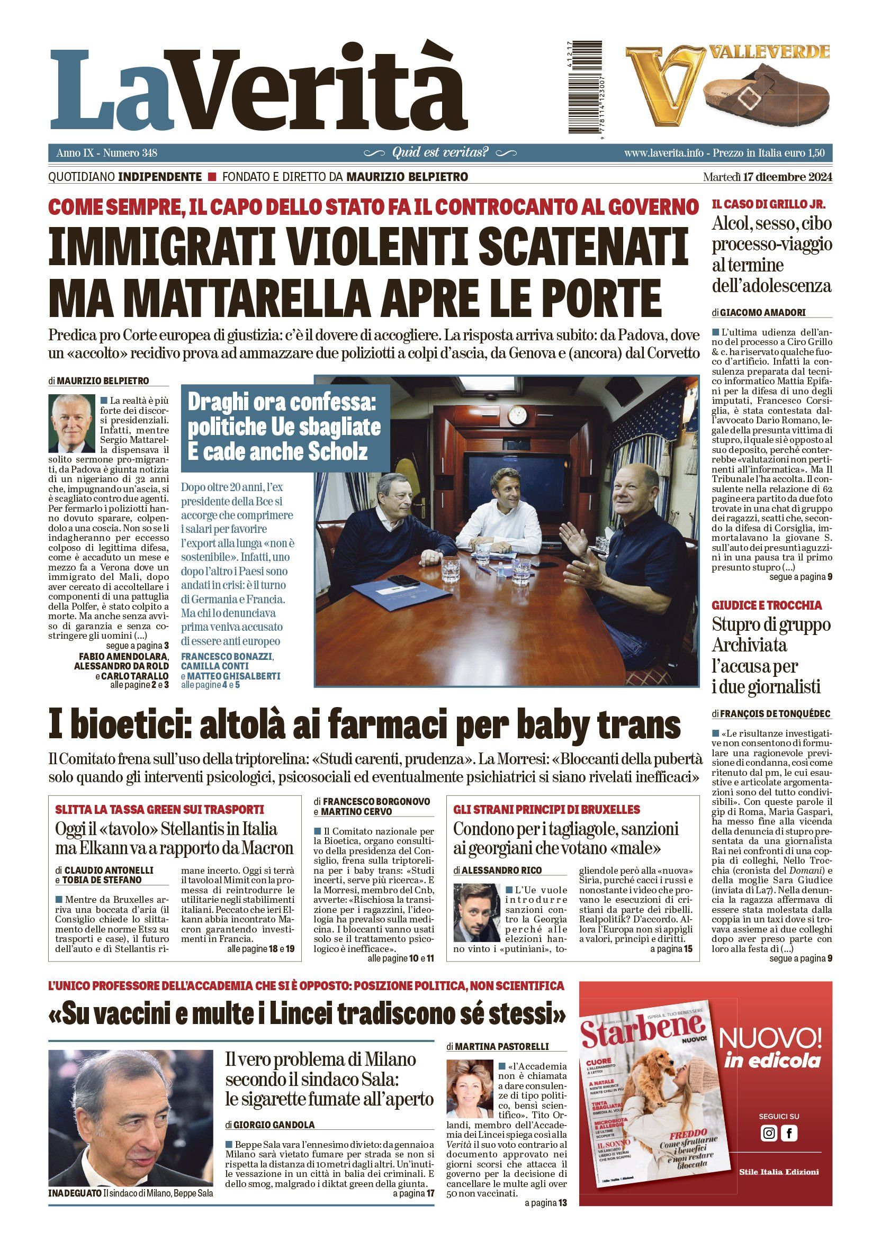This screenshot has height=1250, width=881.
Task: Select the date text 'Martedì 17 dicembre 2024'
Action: click(767, 177)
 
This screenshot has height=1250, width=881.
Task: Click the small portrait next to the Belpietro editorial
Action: click(71, 423)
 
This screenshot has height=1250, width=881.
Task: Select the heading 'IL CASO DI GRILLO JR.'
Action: click(768, 205)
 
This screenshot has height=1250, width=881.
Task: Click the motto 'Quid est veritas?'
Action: click(440, 152)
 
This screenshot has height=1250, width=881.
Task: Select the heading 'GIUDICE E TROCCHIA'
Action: click(767, 605)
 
